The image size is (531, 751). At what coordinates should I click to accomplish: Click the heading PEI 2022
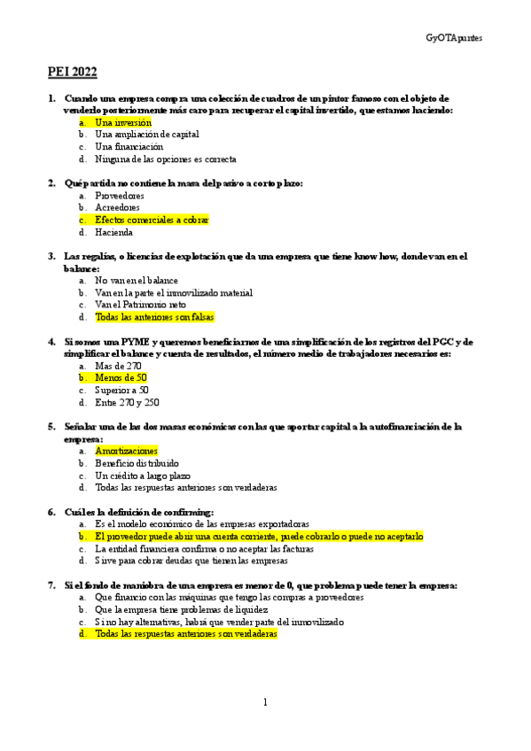[72, 72]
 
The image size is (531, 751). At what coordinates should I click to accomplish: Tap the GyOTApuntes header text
[454, 39]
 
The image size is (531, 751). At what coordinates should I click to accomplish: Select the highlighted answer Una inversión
[123, 122]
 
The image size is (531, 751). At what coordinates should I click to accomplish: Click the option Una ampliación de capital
[146, 135]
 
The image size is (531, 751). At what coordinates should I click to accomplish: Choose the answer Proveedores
[119, 195]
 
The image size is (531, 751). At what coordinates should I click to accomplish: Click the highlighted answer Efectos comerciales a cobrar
[152, 220]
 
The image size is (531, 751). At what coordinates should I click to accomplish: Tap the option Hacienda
[113, 232]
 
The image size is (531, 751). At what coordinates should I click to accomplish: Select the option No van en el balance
[137, 280]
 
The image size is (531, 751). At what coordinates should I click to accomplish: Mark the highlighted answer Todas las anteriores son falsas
[155, 317]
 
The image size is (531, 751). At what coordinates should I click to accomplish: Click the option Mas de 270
[118, 365]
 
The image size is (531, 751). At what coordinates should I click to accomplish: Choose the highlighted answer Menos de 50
[121, 377]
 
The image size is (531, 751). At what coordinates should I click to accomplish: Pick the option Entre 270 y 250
[127, 402]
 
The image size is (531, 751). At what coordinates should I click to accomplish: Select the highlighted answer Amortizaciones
[126, 450]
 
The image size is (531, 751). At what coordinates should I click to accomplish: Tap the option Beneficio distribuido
[137, 462]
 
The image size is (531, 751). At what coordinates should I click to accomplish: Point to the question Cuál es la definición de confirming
[138, 512]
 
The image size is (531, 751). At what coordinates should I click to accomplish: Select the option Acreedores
[117, 207]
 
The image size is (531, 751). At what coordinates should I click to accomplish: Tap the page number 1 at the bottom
[265, 702]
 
